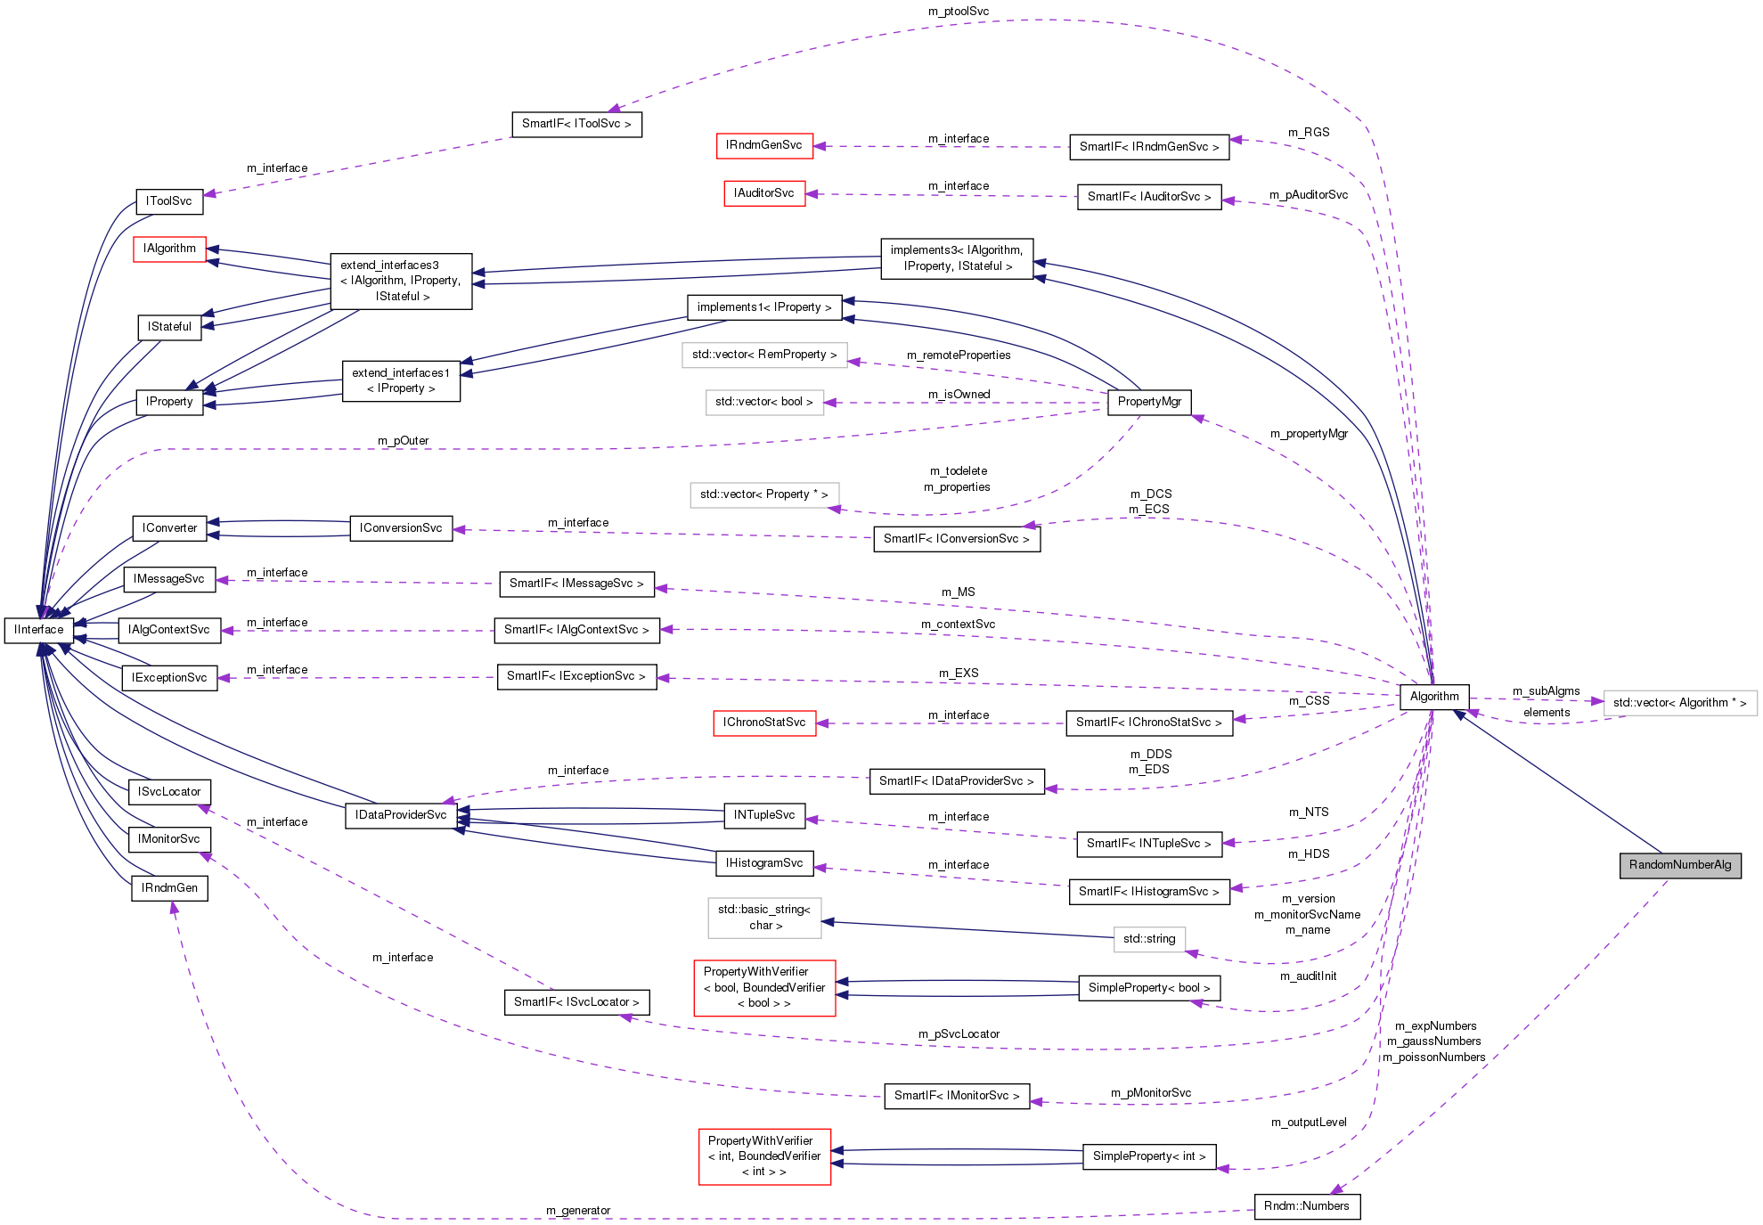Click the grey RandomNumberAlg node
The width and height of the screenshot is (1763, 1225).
pyautogui.click(x=1679, y=865)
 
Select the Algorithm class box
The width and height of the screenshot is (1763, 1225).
pyautogui.click(x=1433, y=697)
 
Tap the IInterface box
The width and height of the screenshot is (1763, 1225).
pyautogui.click(x=39, y=630)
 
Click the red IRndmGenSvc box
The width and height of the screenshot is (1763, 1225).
pyautogui.click(x=763, y=145)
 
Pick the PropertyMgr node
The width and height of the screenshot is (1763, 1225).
pyautogui.click(x=1148, y=402)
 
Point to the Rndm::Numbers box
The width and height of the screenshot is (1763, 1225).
pyautogui.click(x=1306, y=1206)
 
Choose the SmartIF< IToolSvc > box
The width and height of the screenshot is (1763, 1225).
pyautogui.click(x=576, y=124)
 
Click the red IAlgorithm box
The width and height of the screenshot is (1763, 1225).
pyautogui.click(x=169, y=249)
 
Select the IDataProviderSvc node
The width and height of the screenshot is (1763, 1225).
pyautogui.click(x=401, y=815)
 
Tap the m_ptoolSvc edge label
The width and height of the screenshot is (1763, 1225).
pyautogui.click(x=958, y=12)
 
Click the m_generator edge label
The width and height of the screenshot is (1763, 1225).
pyautogui.click(x=578, y=1211)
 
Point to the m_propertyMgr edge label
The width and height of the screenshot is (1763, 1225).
pyautogui.click(x=1308, y=434)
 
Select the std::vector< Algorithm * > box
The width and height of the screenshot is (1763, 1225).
pyautogui.click(x=1679, y=703)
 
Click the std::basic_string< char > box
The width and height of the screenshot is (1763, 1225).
pyautogui.click(x=764, y=918)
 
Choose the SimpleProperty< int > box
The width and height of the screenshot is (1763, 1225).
pyautogui.click(x=1148, y=1156)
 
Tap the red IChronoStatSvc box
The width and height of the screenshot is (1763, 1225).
pyautogui.click(x=763, y=723)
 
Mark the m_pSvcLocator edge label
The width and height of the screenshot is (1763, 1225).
pyautogui.click(x=959, y=1034)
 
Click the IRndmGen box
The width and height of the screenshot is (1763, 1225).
pyautogui.click(x=169, y=888)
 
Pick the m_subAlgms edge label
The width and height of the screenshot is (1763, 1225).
pyautogui.click(x=1546, y=691)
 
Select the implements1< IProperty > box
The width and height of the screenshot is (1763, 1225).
pyautogui.click(x=763, y=307)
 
